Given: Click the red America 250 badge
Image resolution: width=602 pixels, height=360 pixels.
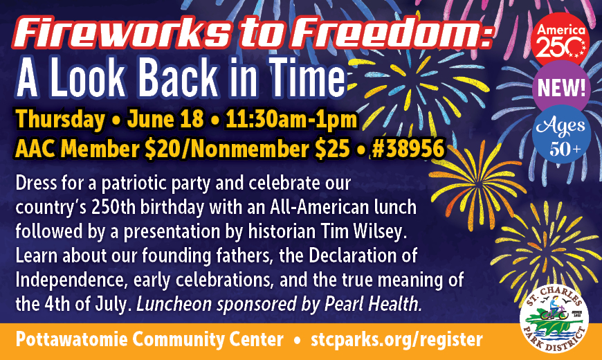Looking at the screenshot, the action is [560, 40].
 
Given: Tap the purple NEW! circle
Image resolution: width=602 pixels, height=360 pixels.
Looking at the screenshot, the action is [561, 89].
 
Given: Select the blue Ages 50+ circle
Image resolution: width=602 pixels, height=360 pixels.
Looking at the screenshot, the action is [561, 134].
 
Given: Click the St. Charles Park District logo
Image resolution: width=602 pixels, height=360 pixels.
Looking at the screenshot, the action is [554, 318].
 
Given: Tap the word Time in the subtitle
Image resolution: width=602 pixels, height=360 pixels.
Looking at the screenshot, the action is [307, 76].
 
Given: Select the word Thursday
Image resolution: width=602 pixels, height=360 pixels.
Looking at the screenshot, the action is [60, 120].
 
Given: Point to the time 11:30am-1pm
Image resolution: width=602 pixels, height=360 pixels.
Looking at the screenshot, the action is [292, 120].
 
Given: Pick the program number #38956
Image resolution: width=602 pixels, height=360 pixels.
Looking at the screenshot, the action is [408, 148].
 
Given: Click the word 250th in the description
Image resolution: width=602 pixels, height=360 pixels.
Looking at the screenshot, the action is [113, 208].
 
